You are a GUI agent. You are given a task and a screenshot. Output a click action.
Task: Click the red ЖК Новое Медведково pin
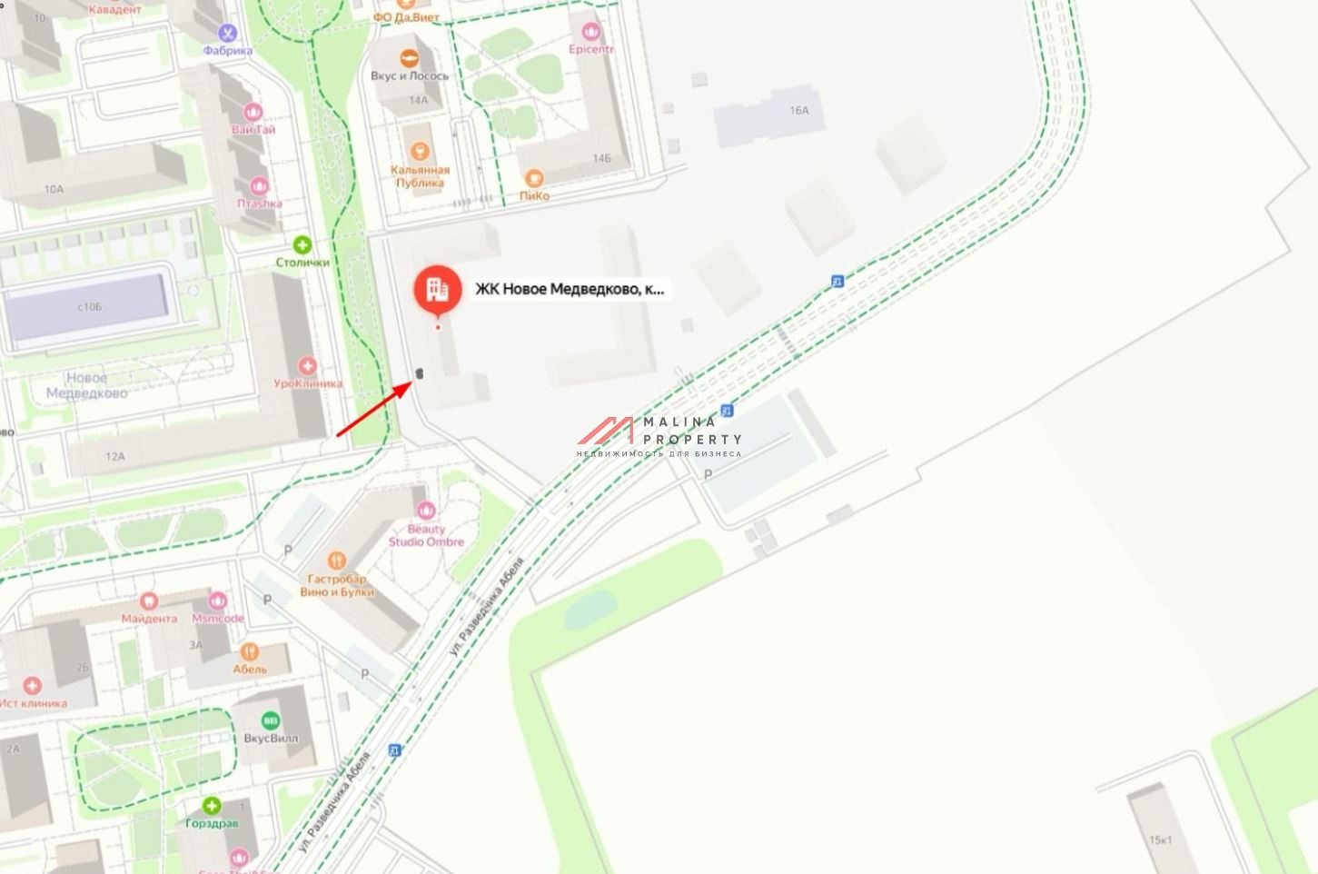click(438, 290)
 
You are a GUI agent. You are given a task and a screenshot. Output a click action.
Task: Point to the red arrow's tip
click(414, 382)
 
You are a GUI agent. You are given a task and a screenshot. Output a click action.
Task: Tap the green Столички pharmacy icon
click(302, 245)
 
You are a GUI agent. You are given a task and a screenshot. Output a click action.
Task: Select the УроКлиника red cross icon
click(308, 366)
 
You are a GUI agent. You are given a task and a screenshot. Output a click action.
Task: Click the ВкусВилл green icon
click(270, 720)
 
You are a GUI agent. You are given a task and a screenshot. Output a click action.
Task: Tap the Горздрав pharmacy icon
click(212, 806)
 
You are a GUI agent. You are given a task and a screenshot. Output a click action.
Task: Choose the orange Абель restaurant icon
click(250, 651)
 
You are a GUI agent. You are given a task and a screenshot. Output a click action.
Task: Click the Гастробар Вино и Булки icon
click(337, 561)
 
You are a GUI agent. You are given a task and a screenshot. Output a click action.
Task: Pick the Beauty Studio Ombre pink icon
click(425, 511)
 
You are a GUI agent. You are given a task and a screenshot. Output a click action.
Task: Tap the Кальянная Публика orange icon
click(420, 151)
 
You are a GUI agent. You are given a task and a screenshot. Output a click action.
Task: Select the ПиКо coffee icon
click(534, 178)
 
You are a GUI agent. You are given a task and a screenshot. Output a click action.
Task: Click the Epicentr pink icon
click(591, 33)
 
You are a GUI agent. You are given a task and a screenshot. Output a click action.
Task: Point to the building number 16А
click(798, 111)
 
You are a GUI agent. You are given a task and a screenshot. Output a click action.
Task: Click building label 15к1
click(1160, 839)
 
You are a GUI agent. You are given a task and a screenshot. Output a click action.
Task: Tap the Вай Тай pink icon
click(253, 112)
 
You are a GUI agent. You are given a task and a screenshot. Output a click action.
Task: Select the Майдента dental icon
click(149, 601)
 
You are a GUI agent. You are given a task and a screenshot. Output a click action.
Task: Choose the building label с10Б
click(89, 307)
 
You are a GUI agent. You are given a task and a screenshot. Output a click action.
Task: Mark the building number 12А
click(114, 456)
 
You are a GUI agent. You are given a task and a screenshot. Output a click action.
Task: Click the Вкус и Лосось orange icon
click(410, 57)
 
